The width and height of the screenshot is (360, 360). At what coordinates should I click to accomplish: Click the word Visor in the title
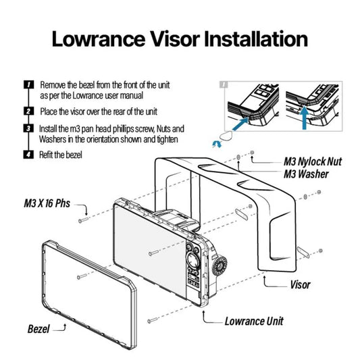[175, 39]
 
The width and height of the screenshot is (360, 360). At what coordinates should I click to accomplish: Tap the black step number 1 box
[28, 84]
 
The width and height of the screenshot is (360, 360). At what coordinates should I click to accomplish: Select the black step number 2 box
[28, 111]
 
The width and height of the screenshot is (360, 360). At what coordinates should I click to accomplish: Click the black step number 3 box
[28, 128]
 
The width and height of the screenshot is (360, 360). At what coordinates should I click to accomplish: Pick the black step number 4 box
[28, 155]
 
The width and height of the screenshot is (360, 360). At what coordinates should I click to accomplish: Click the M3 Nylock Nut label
[313, 161]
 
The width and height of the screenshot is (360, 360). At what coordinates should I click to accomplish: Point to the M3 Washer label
[306, 174]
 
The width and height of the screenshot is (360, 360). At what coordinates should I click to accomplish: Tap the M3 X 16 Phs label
[47, 203]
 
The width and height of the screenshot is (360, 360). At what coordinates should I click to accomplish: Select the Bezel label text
[38, 329]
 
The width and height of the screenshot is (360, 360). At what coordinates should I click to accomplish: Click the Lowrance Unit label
[254, 321]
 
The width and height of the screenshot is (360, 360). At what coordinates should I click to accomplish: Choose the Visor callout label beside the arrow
[301, 285]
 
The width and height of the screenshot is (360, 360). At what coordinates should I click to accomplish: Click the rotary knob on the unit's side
[220, 265]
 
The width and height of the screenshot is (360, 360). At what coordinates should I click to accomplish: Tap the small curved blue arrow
[217, 144]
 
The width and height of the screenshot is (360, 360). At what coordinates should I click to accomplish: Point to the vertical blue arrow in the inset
[305, 118]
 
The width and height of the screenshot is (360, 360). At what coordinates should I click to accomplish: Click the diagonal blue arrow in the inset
[240, 124]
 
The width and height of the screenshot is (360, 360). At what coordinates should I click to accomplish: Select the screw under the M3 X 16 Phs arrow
[83, 220]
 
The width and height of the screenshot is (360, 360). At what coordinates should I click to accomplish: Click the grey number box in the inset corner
[224, 84]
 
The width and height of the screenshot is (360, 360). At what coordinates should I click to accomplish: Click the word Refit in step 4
[45, 155]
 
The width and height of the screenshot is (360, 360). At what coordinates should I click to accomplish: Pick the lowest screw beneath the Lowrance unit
[153, 320]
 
